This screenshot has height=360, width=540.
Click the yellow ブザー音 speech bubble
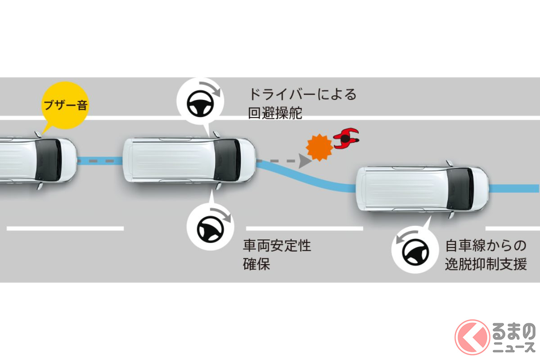tap(65, 105)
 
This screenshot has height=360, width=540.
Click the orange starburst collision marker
tap(319, 147)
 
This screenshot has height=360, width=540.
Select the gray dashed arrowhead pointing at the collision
tap(305, 161)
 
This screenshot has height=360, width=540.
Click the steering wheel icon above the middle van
tap(200, 103)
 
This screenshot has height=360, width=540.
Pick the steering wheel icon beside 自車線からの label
tap(415, 252)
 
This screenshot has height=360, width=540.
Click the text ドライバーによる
tap(302, 94)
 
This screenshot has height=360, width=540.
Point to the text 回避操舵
tap(275, 112)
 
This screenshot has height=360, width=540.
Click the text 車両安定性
tap(277, 245)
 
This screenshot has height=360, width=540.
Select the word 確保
tap(256, 264)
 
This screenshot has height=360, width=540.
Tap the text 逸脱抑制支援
tap(486, 264)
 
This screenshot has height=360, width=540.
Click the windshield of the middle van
tap(227, 160)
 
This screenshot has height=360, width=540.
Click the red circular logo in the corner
tap(472, 337)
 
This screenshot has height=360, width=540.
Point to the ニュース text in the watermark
tap(513, 347)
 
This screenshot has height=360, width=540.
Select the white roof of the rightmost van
tap(405, 189)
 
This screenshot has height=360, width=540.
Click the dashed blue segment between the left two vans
tap(100, 161)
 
